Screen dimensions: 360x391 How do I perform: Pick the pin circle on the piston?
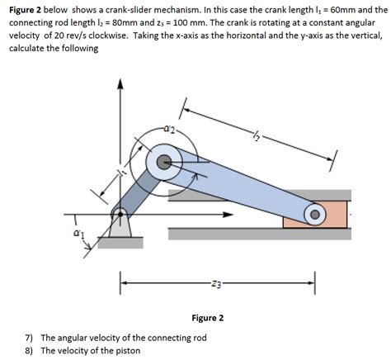click(314, 214)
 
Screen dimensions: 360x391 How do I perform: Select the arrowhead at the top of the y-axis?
click(120, 81)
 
